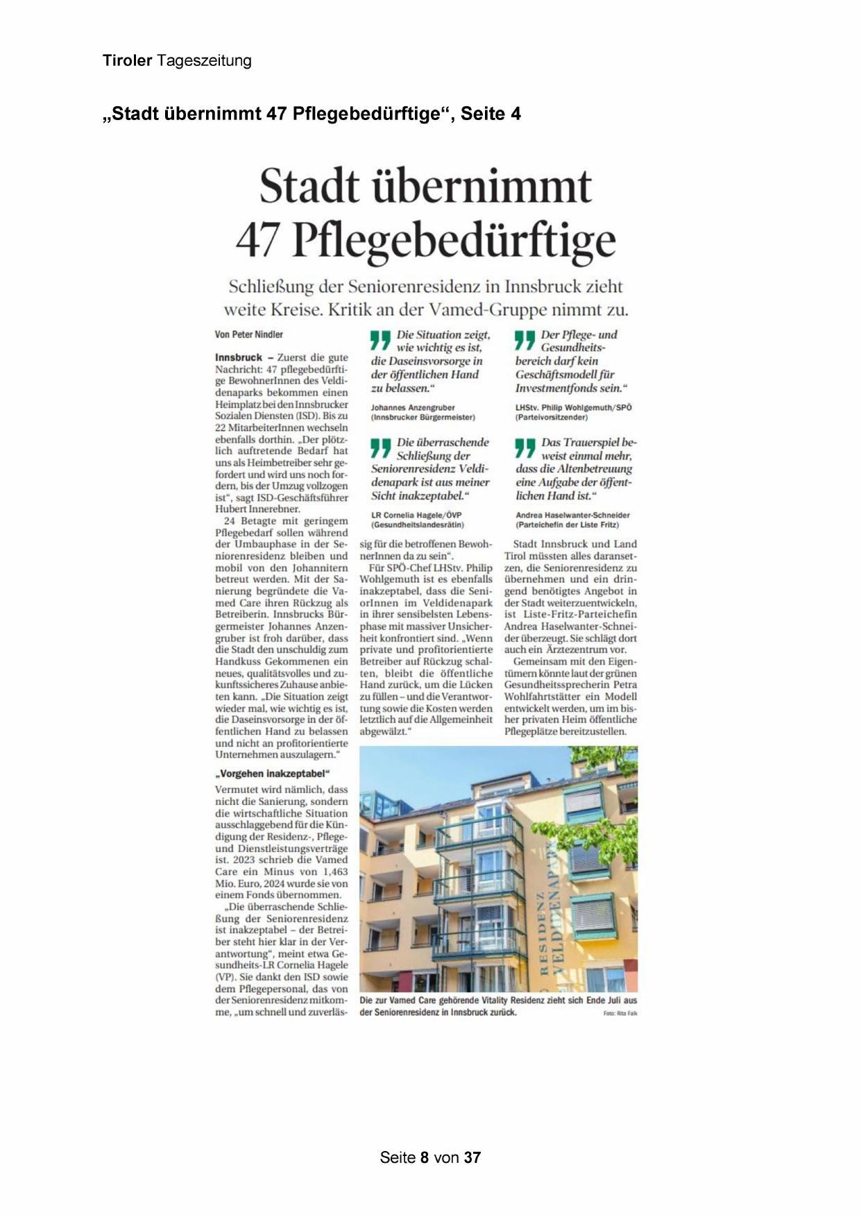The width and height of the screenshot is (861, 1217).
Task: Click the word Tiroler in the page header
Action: [127, 61]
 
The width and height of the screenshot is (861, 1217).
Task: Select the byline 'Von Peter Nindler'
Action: [249, 334]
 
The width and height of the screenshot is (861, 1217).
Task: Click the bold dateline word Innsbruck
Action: [239, 357]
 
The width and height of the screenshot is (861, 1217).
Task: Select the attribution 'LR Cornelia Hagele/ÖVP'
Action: [416, 516]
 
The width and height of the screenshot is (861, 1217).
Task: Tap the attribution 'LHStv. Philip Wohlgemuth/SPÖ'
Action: [573, 408]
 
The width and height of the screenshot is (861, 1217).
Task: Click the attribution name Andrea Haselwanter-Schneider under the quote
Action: [572, 516]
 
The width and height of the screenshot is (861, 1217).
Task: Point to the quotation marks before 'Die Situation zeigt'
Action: [380, 340]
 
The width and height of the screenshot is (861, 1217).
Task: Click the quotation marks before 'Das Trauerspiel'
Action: [525, 448]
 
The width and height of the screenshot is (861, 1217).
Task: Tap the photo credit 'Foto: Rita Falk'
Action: [620, 1014]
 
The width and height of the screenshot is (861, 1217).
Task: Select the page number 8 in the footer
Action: [425, 1157]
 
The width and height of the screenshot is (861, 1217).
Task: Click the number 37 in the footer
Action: [472, 1157]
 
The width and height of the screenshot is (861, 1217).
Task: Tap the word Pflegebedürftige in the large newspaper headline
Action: [454, 241]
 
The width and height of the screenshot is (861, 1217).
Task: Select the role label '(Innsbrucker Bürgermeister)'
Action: [423, 418]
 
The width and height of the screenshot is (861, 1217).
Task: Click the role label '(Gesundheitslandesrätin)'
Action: [418, 525]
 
